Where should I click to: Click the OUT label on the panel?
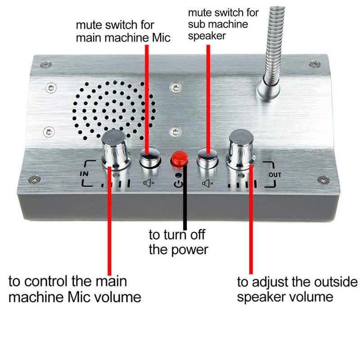tap(274, 175)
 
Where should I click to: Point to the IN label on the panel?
tap(84, 173)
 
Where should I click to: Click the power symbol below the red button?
tap(179, 184)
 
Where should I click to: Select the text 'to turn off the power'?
tap(179, 242)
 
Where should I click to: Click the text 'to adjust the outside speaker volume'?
tap(297, 289)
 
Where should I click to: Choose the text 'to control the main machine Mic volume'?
tap(75, 289)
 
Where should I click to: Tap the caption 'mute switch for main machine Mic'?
tap(123, 31)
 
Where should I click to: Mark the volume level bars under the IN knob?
tap(117, 184)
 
